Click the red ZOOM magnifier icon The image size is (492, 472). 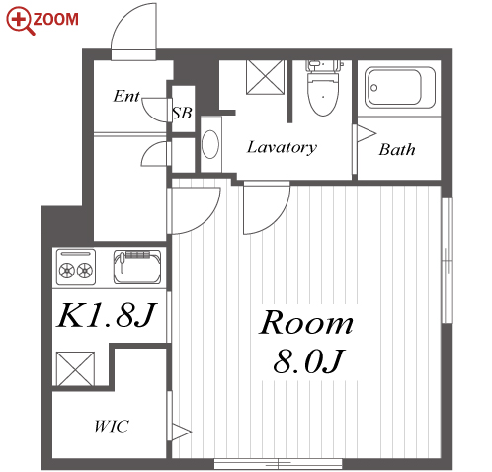coord(20,21)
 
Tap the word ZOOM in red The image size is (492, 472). coord(56,19)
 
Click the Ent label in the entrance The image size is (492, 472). coord(126,96)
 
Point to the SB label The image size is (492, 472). coord(182,113)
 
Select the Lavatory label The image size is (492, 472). coord(282,147)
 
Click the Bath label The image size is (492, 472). coord(397,150)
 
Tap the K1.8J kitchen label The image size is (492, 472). coord(106,315)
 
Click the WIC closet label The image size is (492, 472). coord(112,427)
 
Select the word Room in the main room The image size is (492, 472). coord(306,323)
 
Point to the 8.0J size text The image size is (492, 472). coord(309,361)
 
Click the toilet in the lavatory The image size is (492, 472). coord(323,87)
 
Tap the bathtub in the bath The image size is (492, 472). coord(400,87)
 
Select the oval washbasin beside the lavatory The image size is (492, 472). coord(210,144)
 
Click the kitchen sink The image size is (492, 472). coord(137,268)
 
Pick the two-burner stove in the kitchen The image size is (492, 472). coord(76,268)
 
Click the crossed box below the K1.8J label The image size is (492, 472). coord(75,368)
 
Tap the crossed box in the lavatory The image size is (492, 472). coord(265,77)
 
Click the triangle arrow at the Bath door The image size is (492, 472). coord(367,133)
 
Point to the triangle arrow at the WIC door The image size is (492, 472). coord(181,432)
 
